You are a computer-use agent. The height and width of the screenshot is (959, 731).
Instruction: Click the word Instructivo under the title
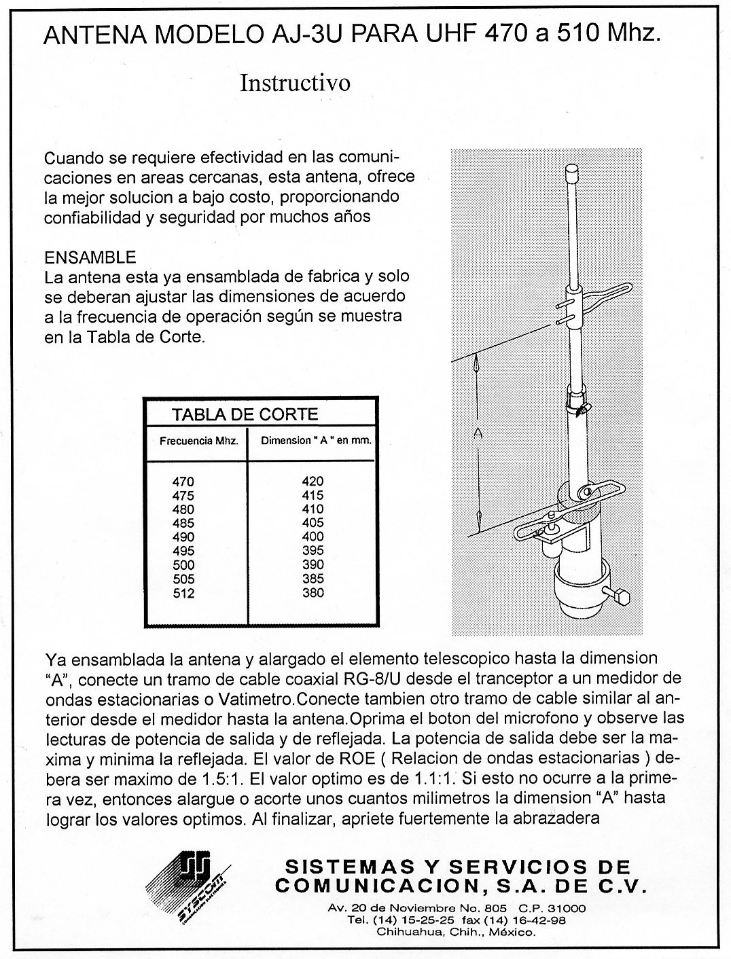tap(296, 83)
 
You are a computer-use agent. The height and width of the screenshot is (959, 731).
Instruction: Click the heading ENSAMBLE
tap(90, 258)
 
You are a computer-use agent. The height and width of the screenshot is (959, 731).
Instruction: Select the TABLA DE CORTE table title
tap(245, 414)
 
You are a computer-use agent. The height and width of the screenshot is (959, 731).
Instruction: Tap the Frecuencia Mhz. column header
tap(198, 440)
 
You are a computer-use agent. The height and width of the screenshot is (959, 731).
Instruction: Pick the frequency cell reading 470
tap(183, 482)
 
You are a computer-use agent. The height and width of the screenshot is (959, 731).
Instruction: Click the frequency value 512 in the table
tap(183, 594)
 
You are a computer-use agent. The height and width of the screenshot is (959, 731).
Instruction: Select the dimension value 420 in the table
tap(313, 482)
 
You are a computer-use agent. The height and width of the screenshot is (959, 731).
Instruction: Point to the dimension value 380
tap(313, 594)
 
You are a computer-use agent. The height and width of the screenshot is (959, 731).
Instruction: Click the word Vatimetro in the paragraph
tap(257, 698)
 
